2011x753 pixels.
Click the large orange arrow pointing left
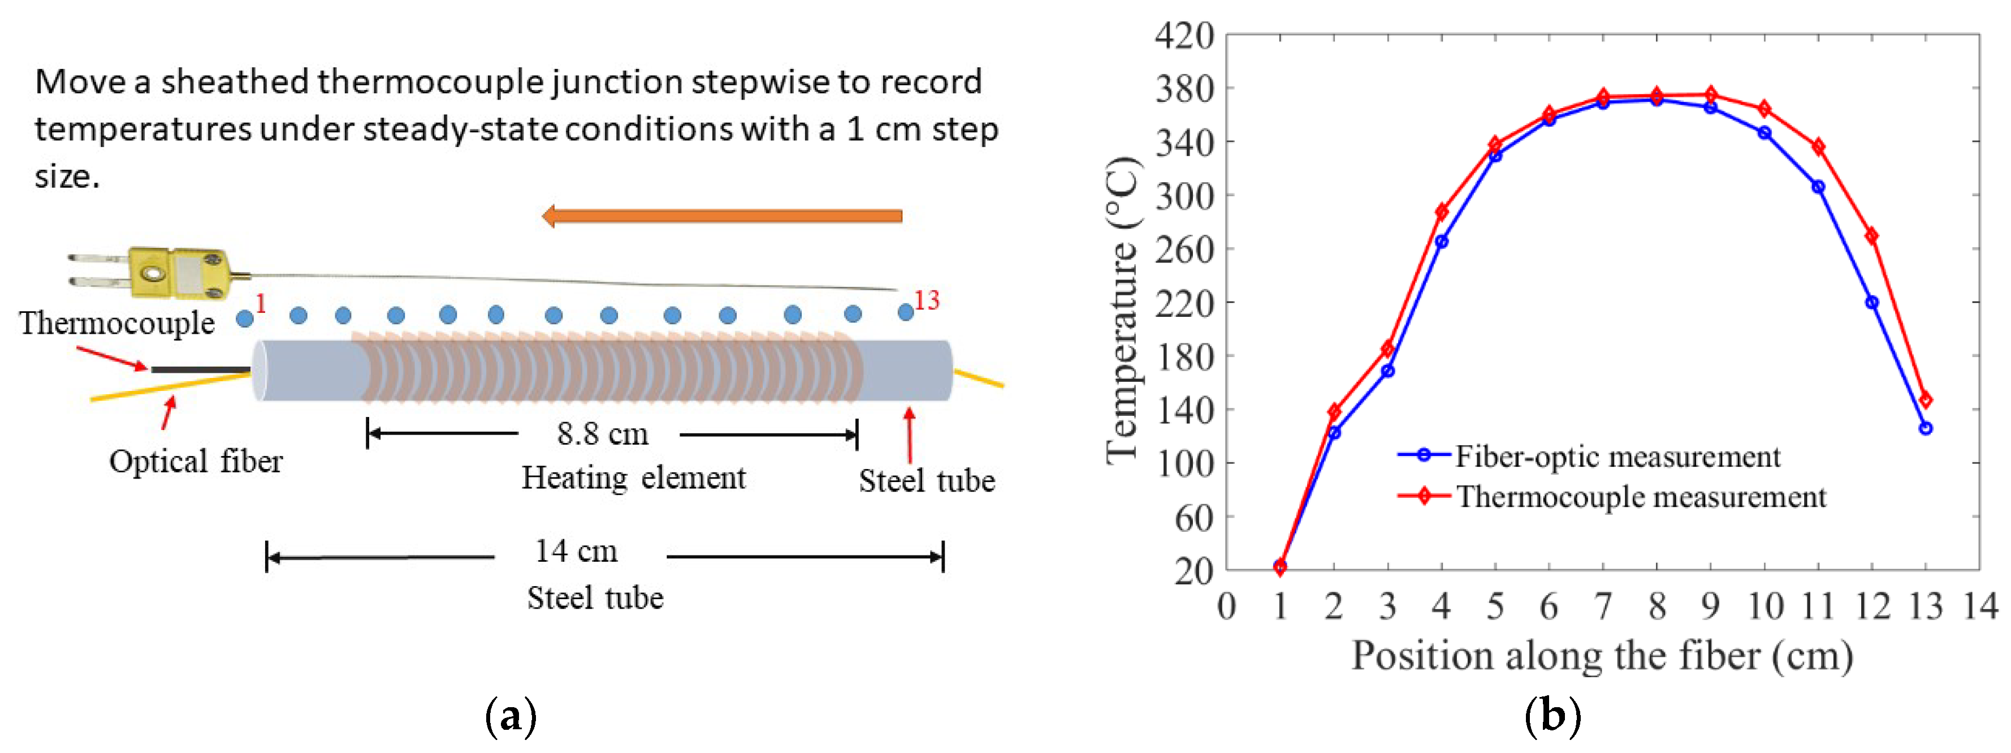tap(721, 216)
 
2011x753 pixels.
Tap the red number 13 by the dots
tap(927, 300)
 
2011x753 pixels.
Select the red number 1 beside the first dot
tap(261, 303)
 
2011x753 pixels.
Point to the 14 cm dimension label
tap(576, 552)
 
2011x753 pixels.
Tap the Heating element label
tap(633, 478)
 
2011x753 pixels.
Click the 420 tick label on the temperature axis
tap(1184, 36)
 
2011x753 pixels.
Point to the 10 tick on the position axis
tap(1765, 606)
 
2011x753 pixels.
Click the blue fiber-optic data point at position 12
tap(1871, 302)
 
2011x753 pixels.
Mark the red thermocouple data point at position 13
tap(1925, 400)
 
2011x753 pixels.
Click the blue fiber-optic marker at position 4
tap(1441, 242)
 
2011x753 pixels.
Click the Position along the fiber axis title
tap(1602, 656)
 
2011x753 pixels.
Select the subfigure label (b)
tap(1552, 716)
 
